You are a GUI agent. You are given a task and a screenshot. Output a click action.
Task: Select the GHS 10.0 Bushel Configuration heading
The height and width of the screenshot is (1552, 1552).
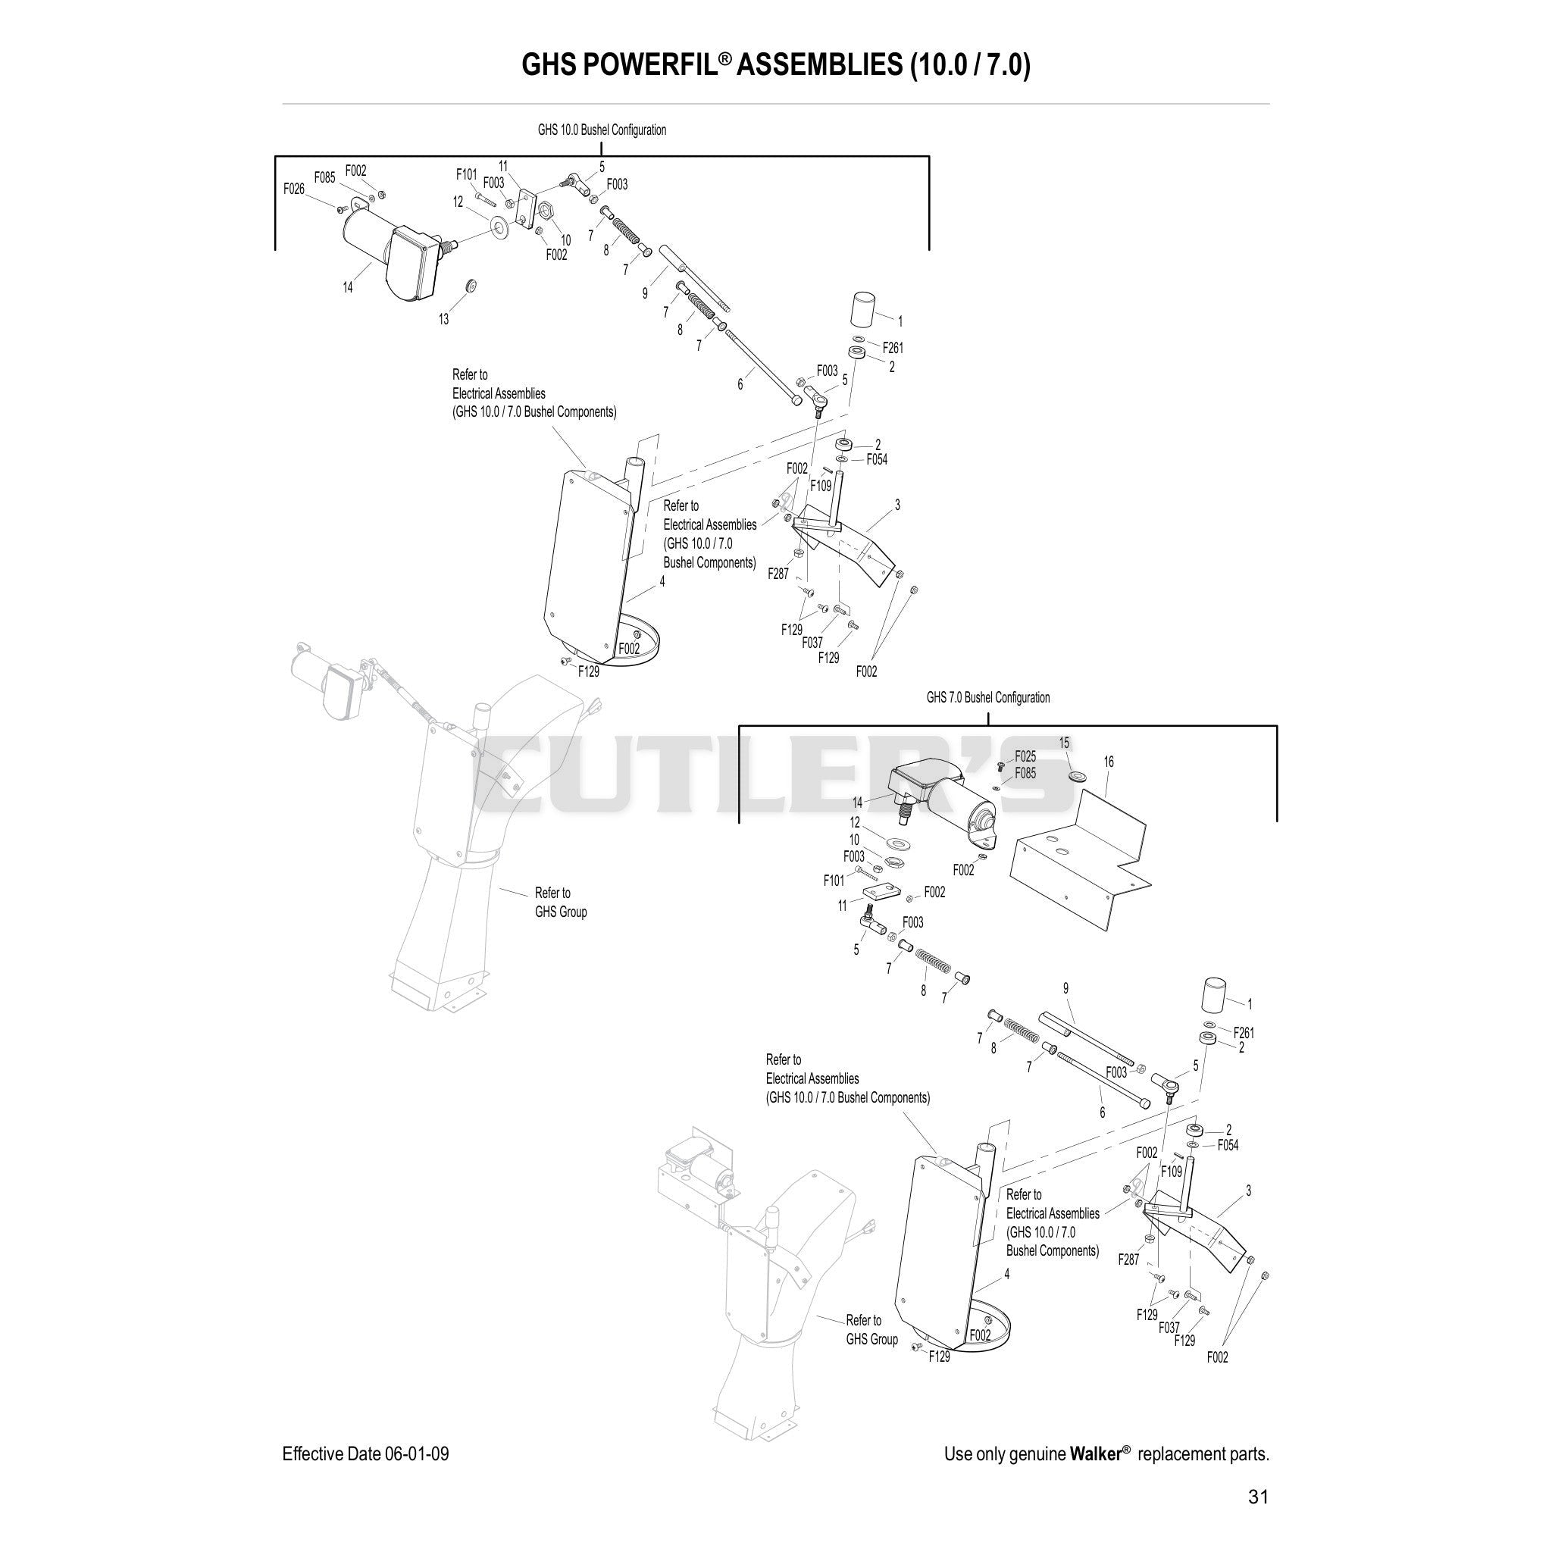click(602, 130)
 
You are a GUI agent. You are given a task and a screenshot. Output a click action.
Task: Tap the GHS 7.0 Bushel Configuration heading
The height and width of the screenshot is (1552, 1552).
click(988, 697)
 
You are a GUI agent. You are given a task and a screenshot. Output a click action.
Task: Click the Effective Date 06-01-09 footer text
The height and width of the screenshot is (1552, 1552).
click(365, 1454)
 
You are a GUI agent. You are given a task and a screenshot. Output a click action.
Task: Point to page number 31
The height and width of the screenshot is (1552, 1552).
click(1258, 1497)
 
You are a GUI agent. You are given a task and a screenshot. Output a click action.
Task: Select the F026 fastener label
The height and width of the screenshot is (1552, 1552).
click(294, 189)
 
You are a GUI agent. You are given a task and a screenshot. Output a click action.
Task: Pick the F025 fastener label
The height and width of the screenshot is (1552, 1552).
click(1025, 756)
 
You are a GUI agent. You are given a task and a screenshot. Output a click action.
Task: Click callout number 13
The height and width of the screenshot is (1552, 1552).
click(443, 319)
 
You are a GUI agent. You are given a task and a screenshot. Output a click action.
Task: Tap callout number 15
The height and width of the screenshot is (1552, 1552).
click(1065, 743)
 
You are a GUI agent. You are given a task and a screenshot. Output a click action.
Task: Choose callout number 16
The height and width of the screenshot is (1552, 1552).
click(1109, 762)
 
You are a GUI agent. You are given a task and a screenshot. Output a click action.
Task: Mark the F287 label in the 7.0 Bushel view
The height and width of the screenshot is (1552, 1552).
click(1128, 1259)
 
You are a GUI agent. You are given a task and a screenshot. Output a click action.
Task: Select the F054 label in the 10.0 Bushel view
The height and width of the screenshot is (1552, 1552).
click(877, 459)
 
